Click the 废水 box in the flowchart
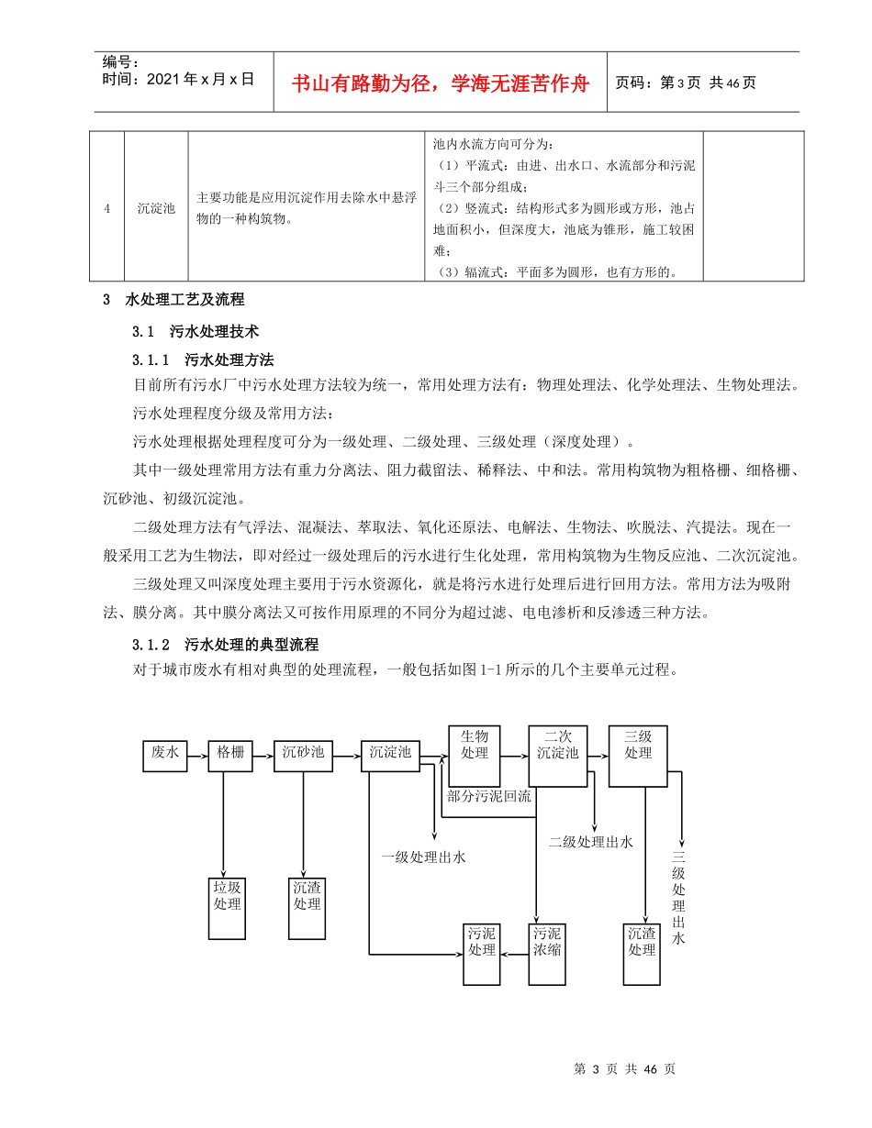click(x=165, y=755)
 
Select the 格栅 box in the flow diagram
click(x=230, y=755)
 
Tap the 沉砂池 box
click(x=303, y=755)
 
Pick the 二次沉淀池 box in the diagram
click(x=557, y=755)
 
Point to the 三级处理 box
click(x=638, y=755)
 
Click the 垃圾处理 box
click(x=227, y=907)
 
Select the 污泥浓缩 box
click(x=547, y=953)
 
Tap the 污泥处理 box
click(x=482, y=953)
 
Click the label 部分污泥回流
click(x=489, y=796)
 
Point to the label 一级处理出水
click(x=424, y=857)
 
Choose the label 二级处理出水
click(x=591, y=842)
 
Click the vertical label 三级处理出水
click(x=679, y=899)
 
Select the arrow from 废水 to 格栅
click(x=197, y=755)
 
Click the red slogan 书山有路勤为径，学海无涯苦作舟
click(x=441, y=83)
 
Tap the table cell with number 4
click(x=107, y=208)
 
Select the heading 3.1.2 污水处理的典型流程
click(x=225, y=644)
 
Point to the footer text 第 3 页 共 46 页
click(x=624, y=1069)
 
